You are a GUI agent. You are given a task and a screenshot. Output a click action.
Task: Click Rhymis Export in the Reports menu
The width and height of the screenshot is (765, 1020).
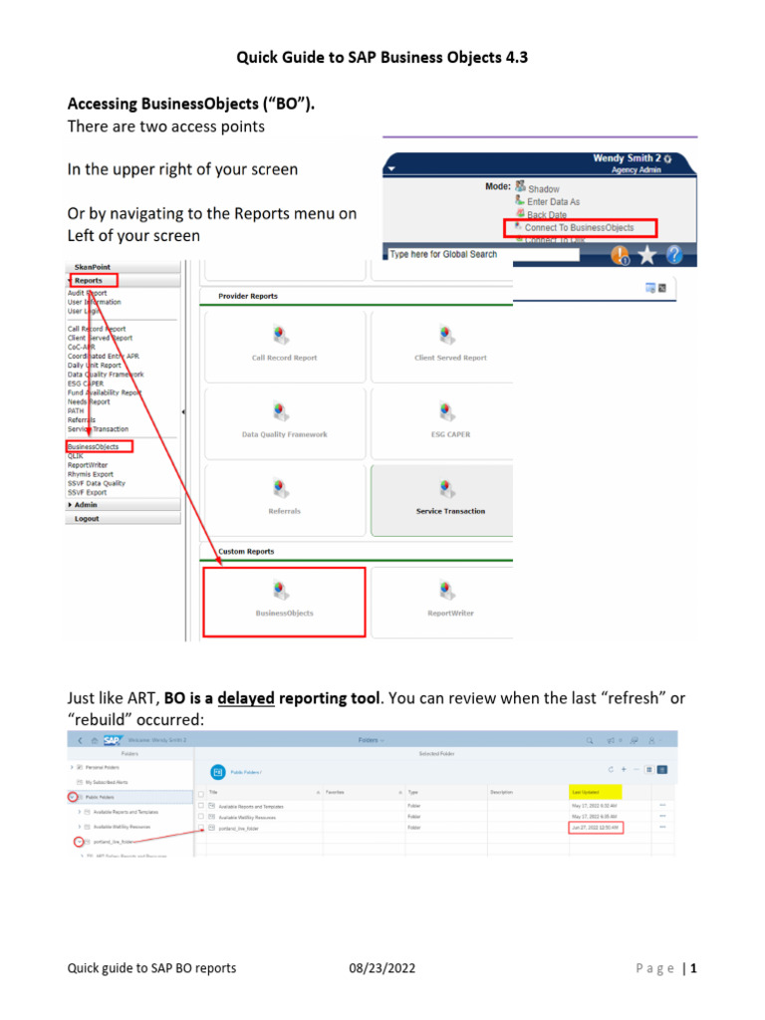[x=91, y=474]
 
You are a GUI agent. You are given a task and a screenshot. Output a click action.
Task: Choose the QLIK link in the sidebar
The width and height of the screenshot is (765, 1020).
[x=76, y=455]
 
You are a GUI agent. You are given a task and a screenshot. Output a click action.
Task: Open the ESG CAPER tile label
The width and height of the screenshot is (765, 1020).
[x=450, y=434]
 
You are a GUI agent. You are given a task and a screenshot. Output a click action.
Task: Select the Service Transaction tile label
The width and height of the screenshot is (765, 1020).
[x=450, y=511]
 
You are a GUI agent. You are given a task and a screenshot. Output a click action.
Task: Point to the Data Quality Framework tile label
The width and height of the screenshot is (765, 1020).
[x=284, y=434]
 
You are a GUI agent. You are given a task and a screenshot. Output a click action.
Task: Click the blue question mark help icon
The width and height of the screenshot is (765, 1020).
[x=675, y=255]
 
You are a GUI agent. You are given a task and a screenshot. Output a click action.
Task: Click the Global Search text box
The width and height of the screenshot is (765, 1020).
[x=448, y=255]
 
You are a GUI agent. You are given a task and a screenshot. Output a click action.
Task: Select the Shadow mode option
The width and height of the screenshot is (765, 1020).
[x=543, y=188]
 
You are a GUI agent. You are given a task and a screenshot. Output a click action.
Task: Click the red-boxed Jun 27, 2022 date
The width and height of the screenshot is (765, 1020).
[x=595, y=827]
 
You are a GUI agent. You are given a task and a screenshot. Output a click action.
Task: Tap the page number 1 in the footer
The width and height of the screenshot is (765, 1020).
[x=691, y=968]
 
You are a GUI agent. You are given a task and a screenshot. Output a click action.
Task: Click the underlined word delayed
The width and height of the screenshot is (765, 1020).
[x=246, y=699]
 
